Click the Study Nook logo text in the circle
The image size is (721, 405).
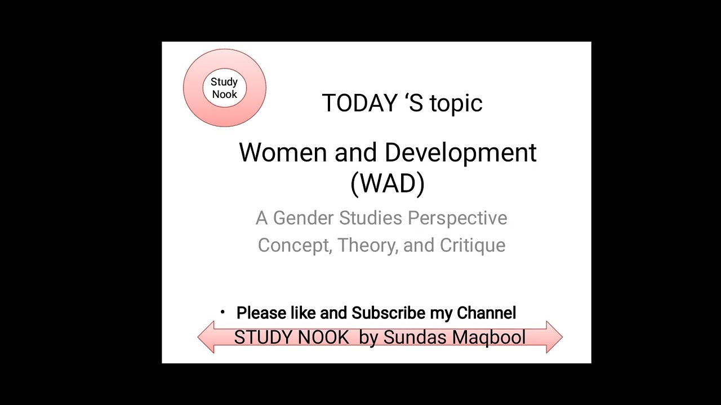224,88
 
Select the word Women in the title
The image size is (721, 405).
283,153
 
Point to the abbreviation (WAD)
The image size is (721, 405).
388,183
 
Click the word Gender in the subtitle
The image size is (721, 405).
304,218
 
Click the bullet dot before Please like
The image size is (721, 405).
223,312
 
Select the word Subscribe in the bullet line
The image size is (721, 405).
388,313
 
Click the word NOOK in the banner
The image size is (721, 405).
323,337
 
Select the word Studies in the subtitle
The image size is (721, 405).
371,218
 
